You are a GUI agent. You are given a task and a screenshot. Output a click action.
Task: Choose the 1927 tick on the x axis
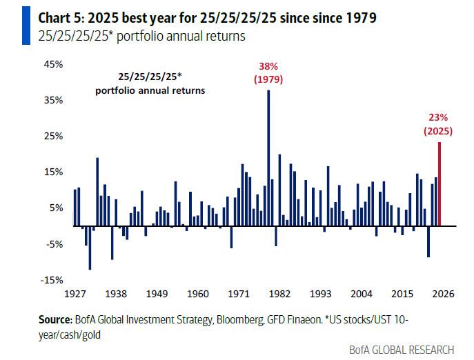pos(75,294)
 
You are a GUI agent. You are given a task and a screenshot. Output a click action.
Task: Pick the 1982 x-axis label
pos(279,294)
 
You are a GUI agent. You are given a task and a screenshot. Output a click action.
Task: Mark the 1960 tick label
pos(197,294)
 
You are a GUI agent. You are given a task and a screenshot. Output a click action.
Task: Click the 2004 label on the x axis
pos(361,294)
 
